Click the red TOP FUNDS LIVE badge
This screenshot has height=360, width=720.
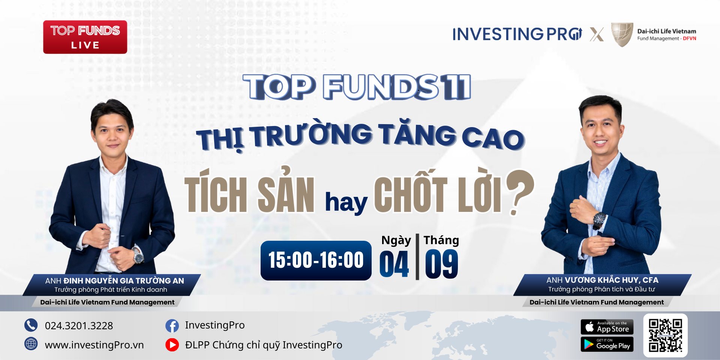coord(85,37)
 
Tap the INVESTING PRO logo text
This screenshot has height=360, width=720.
coord(517,34)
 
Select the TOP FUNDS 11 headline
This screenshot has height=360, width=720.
coord(357,87)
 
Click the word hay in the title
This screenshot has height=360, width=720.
coord(346,203)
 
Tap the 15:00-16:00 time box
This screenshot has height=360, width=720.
coord(316,260)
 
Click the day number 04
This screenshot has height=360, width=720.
coord(394,264)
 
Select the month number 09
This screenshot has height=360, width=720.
coord(441,264)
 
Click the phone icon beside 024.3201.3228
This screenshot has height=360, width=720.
coord(31,325)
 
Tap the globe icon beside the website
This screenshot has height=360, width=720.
coord(31,344)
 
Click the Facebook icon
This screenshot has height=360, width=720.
coord(172,325)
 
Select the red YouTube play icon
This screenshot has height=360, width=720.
coord(172,345)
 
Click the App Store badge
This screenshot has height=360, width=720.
coord(607,327)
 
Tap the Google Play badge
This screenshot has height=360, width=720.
coord(607,344)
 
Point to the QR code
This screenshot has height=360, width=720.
coord(665,335)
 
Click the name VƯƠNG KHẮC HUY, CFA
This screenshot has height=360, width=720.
coord(612,280)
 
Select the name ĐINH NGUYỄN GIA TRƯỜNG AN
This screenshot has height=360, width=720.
coord(124,280)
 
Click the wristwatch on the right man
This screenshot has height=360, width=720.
coord(598,219)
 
